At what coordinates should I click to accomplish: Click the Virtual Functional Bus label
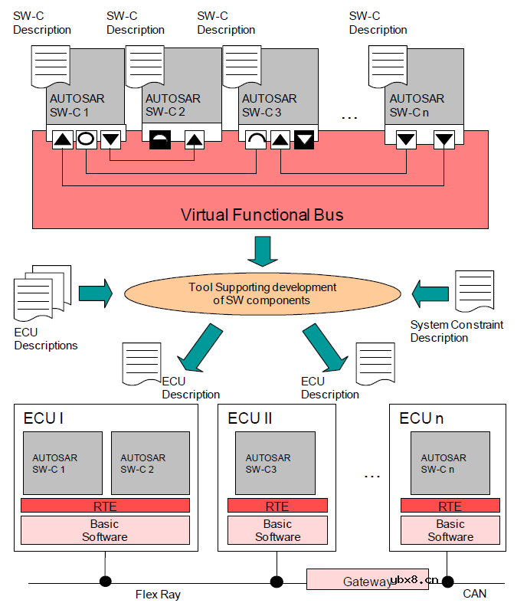point(262,215)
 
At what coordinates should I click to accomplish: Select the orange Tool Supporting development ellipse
point(262,294)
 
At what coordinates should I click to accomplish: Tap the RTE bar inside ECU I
point(105,506)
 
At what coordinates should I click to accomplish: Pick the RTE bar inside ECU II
point(277,506)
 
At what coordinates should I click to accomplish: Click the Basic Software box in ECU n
point(450,530)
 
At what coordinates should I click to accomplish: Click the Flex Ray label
point(159,594)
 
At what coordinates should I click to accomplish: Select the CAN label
point(474,594)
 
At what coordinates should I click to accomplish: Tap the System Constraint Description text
point(457,331)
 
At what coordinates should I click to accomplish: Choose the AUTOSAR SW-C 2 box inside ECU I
point(150,463)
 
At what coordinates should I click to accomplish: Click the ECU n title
point(421,418)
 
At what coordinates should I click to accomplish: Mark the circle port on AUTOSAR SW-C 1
point(86,140)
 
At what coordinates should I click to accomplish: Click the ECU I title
point(44,418)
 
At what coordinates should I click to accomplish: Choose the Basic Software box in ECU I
point(105,530)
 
